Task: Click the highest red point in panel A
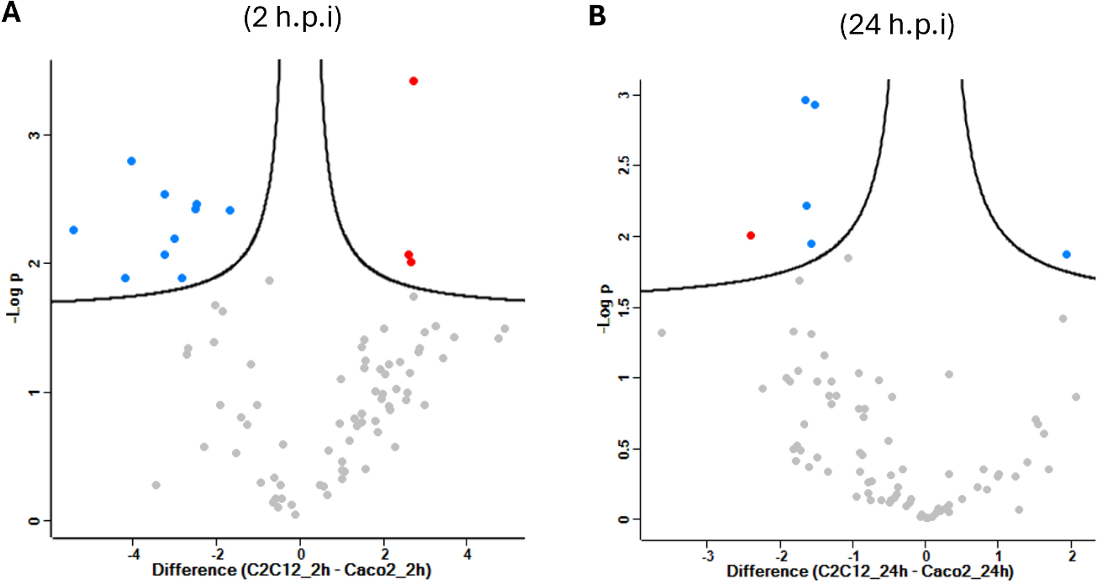point(413,81)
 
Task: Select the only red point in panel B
point(750,235)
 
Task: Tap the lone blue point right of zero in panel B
point(1066,254)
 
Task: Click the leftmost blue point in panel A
point(73,230)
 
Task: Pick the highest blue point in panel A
point(131,161)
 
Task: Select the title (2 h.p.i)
point(292,18)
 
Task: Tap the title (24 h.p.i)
point(897,25)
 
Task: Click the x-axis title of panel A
point(291,570)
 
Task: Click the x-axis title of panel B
point(870,572)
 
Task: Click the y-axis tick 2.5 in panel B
point(624,165)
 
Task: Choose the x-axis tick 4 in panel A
point(467,554)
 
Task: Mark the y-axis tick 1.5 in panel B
point(624,307)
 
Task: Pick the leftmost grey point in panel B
point(661,333)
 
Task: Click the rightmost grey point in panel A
point(504,329)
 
